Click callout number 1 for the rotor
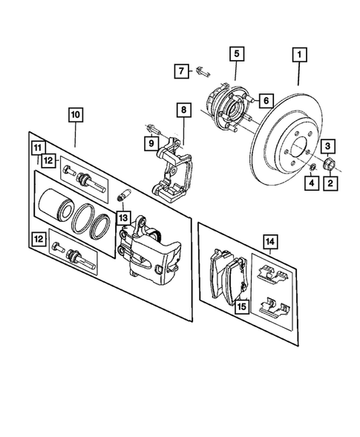(x=299, y=54)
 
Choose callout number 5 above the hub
(x=235, y=53)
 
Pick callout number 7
(x=180, y=72)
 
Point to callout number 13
(x=122, y=218)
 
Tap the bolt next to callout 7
(x=203, y=73)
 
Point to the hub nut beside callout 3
(x=329, y=164)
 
